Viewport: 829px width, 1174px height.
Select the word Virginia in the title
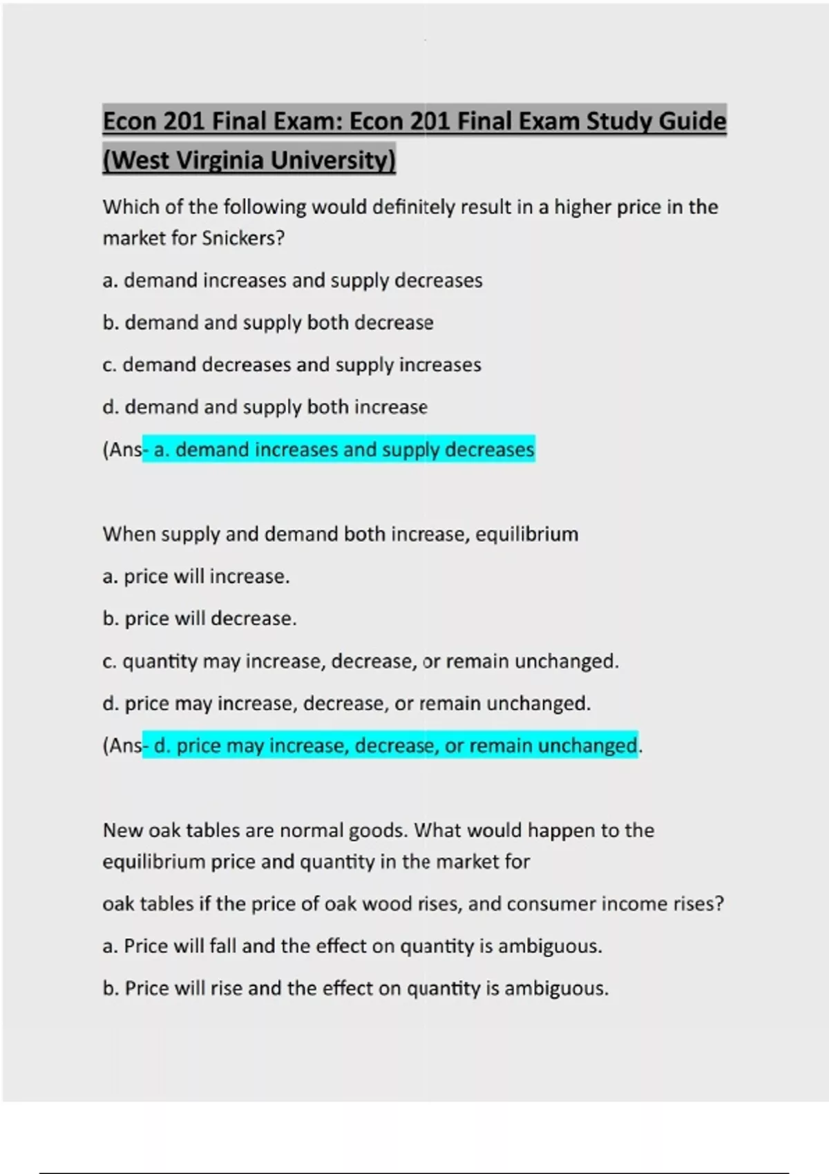(220, 160)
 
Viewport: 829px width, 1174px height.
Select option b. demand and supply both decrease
(268, 323)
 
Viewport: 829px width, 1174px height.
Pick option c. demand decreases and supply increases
(292, 365)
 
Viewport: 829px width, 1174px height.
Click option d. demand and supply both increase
(265, 407)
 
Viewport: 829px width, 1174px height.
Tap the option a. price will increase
(196, 577)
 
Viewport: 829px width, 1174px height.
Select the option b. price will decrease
(200, 619)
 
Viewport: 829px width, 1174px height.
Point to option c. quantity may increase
(360, 662)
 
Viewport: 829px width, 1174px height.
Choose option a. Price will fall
(352, 946)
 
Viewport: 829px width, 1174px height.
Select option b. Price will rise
(355, 989)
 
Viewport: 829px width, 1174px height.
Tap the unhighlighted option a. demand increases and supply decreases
(292, 281)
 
